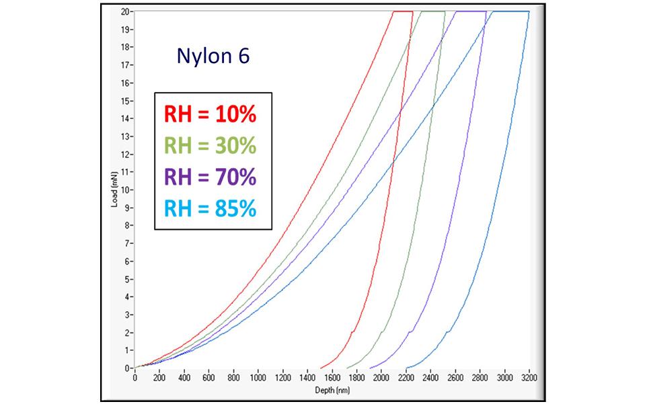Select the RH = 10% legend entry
210,116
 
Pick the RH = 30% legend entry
210,147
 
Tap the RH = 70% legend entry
210,177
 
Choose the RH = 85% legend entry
210,208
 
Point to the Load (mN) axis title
115,190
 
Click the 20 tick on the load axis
126,12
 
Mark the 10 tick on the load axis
126,190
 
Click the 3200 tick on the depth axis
529,378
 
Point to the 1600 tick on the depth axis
332,378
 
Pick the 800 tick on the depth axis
233,378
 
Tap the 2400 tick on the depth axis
430,378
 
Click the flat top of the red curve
402,11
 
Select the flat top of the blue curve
511,11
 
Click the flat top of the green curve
433,11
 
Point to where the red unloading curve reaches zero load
321,368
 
